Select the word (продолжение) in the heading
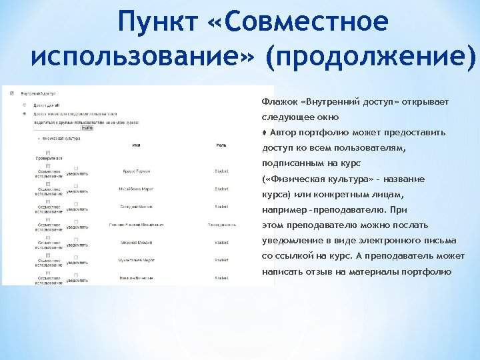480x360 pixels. click(369, 58)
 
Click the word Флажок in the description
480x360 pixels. click(278, 103)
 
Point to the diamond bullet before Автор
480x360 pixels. click(264, 133)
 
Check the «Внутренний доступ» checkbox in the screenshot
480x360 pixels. click(12, 94)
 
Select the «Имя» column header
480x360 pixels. click(135, 145)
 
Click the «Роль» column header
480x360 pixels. click(221, 145)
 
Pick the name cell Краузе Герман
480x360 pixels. click(135, 171)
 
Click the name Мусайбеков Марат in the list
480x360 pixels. click(135, 189)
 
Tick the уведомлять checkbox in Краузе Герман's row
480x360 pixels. click(76, 168)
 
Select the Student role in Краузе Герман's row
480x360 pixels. click(222, 171)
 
